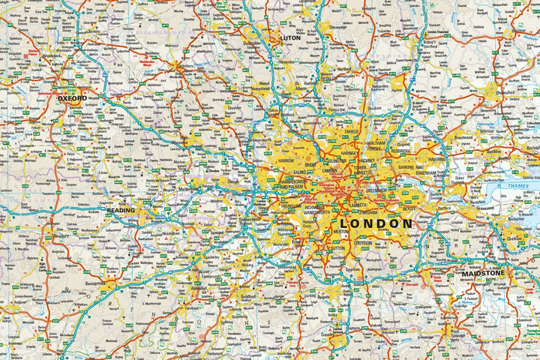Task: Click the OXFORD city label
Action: tap(73, 98)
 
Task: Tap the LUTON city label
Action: tap(289, 37)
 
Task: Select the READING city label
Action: tap(120, 210)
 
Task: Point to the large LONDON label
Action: tap(376, 223)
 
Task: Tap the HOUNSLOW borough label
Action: tap(291, 205)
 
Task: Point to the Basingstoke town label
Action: tap(94, 284)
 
